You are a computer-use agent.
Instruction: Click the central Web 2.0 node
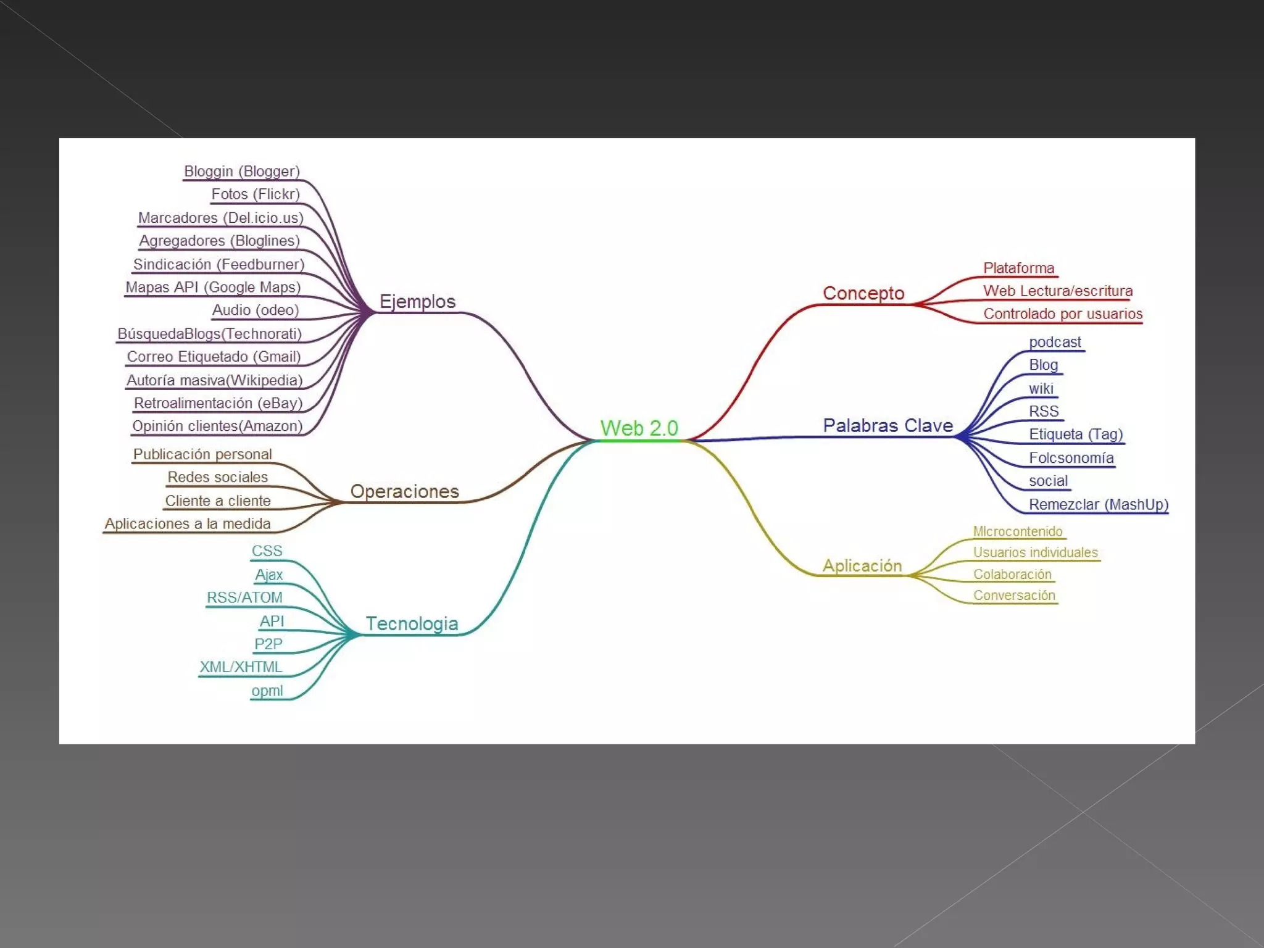(x=639, y=428)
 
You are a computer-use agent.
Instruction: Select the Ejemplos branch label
(x=417, y=301)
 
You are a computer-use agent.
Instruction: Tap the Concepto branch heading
(x=863, y=293)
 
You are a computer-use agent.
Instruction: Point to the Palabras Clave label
(x=888, y=425)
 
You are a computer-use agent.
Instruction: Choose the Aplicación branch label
(x=862, y=565)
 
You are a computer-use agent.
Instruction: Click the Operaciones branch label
(x=404, y=491)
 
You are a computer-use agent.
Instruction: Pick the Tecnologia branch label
(x=412, y=623)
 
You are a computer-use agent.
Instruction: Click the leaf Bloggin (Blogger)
(x=241, y=171)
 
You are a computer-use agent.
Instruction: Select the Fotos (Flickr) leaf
(x=255, y=194)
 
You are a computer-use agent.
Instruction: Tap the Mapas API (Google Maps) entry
(x=213, y=287)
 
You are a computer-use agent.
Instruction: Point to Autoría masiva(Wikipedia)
(x=214, y=380)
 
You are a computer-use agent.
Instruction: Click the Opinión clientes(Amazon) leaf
(x=217, y=426)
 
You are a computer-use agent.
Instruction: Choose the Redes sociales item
(x=217, y=477)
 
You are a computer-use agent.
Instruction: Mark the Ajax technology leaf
(x=268, y=575)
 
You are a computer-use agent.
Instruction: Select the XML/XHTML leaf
(x=241, y=667)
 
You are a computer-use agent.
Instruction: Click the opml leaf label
(x=267, y=691)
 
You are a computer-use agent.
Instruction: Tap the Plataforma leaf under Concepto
(x=1018, y=268)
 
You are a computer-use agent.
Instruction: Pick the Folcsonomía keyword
(x=1071, y=458)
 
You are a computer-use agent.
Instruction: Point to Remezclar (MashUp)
(x=1098, y=504)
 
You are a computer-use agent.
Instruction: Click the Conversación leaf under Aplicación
(x=1014, y=595)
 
